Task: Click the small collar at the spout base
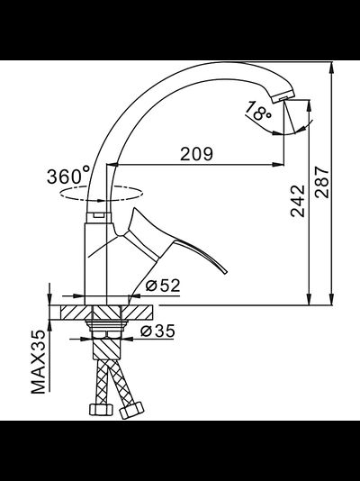[98, 215]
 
